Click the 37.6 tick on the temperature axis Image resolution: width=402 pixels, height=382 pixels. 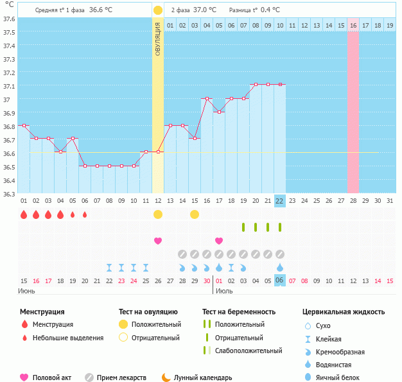[9, 19]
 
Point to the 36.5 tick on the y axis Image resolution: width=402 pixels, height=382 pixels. [9, 167]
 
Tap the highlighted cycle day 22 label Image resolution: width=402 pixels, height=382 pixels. [279, 200]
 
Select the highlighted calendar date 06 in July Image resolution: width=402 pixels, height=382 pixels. [279, 281]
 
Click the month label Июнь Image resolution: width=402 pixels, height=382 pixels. [27, 291]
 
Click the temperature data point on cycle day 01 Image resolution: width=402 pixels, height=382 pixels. [24, 126]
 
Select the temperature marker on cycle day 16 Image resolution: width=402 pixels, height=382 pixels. [207, 99]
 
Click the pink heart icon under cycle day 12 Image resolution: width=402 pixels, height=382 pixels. [158, 241]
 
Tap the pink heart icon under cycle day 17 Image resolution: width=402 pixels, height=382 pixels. [219, 241]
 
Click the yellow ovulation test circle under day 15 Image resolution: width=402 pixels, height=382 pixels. [195, 214]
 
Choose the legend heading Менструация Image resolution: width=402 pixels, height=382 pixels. [42, 312]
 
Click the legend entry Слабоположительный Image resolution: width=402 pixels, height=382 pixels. [248, 351]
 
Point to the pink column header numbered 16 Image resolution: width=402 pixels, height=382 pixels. [353, 25]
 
